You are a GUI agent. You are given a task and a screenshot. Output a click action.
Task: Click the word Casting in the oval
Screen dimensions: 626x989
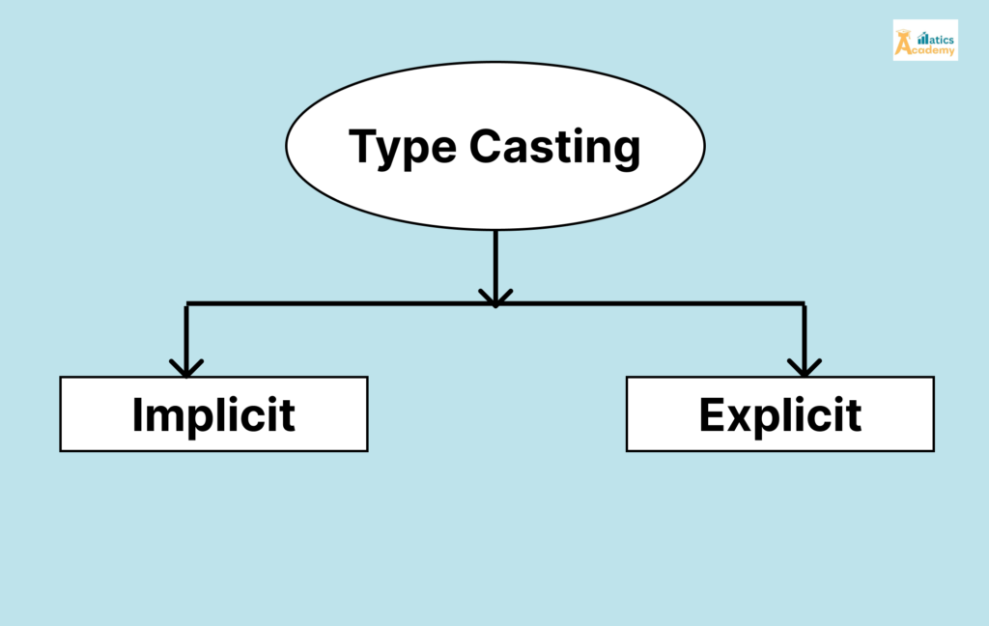(555, 148)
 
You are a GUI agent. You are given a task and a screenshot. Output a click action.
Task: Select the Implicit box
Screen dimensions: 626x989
(213, 414)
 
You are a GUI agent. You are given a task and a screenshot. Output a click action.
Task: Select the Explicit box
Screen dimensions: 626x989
(779, 414)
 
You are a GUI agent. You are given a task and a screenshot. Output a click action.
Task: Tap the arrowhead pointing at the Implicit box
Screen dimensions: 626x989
(186, 368)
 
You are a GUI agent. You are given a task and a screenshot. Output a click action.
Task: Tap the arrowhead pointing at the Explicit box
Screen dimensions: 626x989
(804, 368)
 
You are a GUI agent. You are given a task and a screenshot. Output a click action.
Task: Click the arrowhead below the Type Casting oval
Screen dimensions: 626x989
(494, 297)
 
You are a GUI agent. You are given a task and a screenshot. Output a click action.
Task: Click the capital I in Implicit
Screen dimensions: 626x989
(138, 414)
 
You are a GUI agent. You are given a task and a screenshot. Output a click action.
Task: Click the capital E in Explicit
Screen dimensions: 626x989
(712, 414)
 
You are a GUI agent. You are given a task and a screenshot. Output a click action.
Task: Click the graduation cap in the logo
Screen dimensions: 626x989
(904, 33)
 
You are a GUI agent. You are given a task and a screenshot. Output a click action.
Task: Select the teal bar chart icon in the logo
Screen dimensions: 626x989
(921, 38)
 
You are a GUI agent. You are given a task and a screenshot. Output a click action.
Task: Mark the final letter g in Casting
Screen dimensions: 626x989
(624, 155)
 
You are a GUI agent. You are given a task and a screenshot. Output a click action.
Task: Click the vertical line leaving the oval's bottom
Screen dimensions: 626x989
(494, 256)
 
